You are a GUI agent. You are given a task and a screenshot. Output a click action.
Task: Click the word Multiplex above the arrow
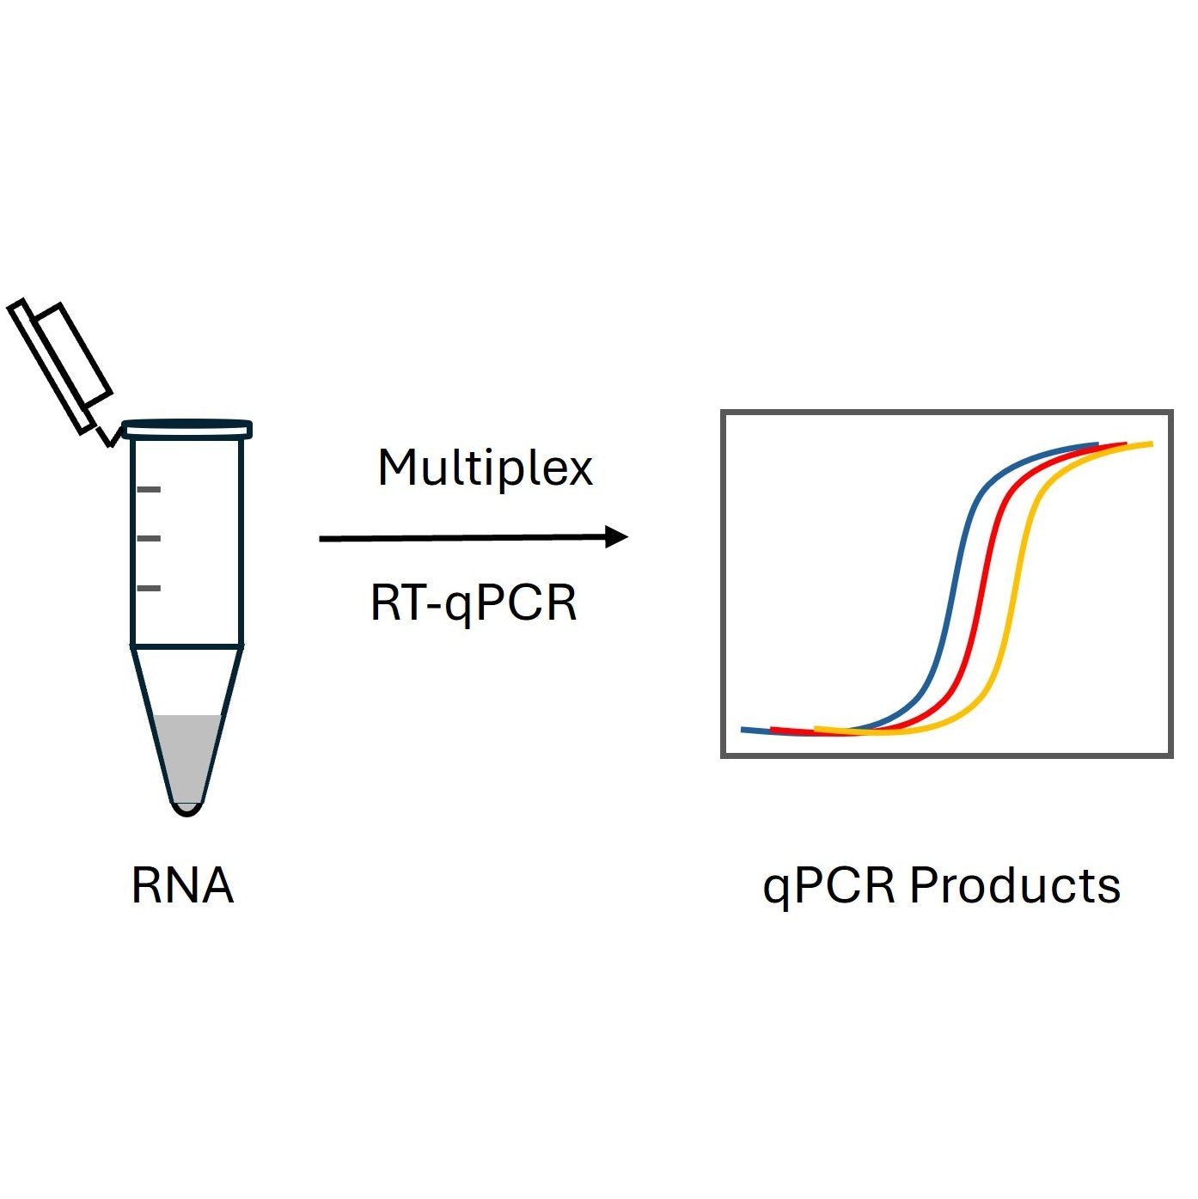click(x=485, y=469)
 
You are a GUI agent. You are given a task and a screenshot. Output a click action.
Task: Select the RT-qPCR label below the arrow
click(x=474, y=603)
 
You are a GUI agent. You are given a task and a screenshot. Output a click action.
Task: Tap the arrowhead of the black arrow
click(x=616, y=537)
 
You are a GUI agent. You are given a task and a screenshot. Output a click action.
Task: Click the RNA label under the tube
click(x=182, y=885)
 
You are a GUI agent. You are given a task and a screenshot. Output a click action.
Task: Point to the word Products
click(x=1015, y=885)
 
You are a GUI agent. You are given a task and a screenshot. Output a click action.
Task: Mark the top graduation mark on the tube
click(x=149, y=489)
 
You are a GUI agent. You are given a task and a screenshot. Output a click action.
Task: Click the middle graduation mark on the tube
click(x=149, y=538)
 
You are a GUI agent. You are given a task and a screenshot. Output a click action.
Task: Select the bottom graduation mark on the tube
click(x=149, y=588)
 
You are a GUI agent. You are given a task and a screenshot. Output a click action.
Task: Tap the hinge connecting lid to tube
click(x=107, y=435)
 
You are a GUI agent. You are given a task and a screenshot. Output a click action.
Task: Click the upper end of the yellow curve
click(x=1149, y=444)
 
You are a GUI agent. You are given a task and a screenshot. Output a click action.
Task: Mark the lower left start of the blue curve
click(x=745, y=731)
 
